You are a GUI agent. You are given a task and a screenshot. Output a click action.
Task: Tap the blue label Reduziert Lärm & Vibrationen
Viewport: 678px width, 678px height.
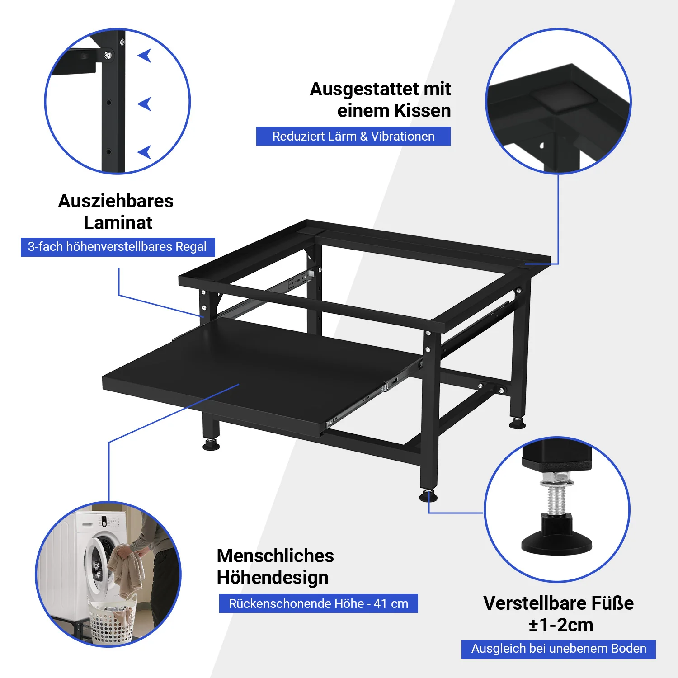[x=353, y=136]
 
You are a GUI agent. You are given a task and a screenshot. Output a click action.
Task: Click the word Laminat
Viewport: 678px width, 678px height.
[x=118, y=223]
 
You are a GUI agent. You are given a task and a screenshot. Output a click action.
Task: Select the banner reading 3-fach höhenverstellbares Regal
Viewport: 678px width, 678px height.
[x=118, y=247]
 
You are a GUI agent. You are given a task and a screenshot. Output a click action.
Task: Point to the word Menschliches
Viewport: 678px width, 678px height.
[x=275, y=556]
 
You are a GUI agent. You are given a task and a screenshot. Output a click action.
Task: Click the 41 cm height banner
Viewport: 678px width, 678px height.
[x=318, y=603]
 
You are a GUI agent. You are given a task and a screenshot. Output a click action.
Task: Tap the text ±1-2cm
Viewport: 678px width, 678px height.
[x=560, y=625]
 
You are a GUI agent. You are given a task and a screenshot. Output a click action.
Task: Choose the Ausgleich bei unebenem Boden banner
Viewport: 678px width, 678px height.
[x=558, y=649]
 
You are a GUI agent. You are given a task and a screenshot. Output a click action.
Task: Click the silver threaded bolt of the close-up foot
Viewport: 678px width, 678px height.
[x=557, y=497]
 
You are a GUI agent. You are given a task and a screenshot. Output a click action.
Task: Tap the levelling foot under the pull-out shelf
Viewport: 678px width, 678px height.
[x=211, y=445]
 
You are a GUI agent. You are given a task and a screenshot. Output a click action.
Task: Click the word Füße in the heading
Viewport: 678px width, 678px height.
[x=612, y=603]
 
